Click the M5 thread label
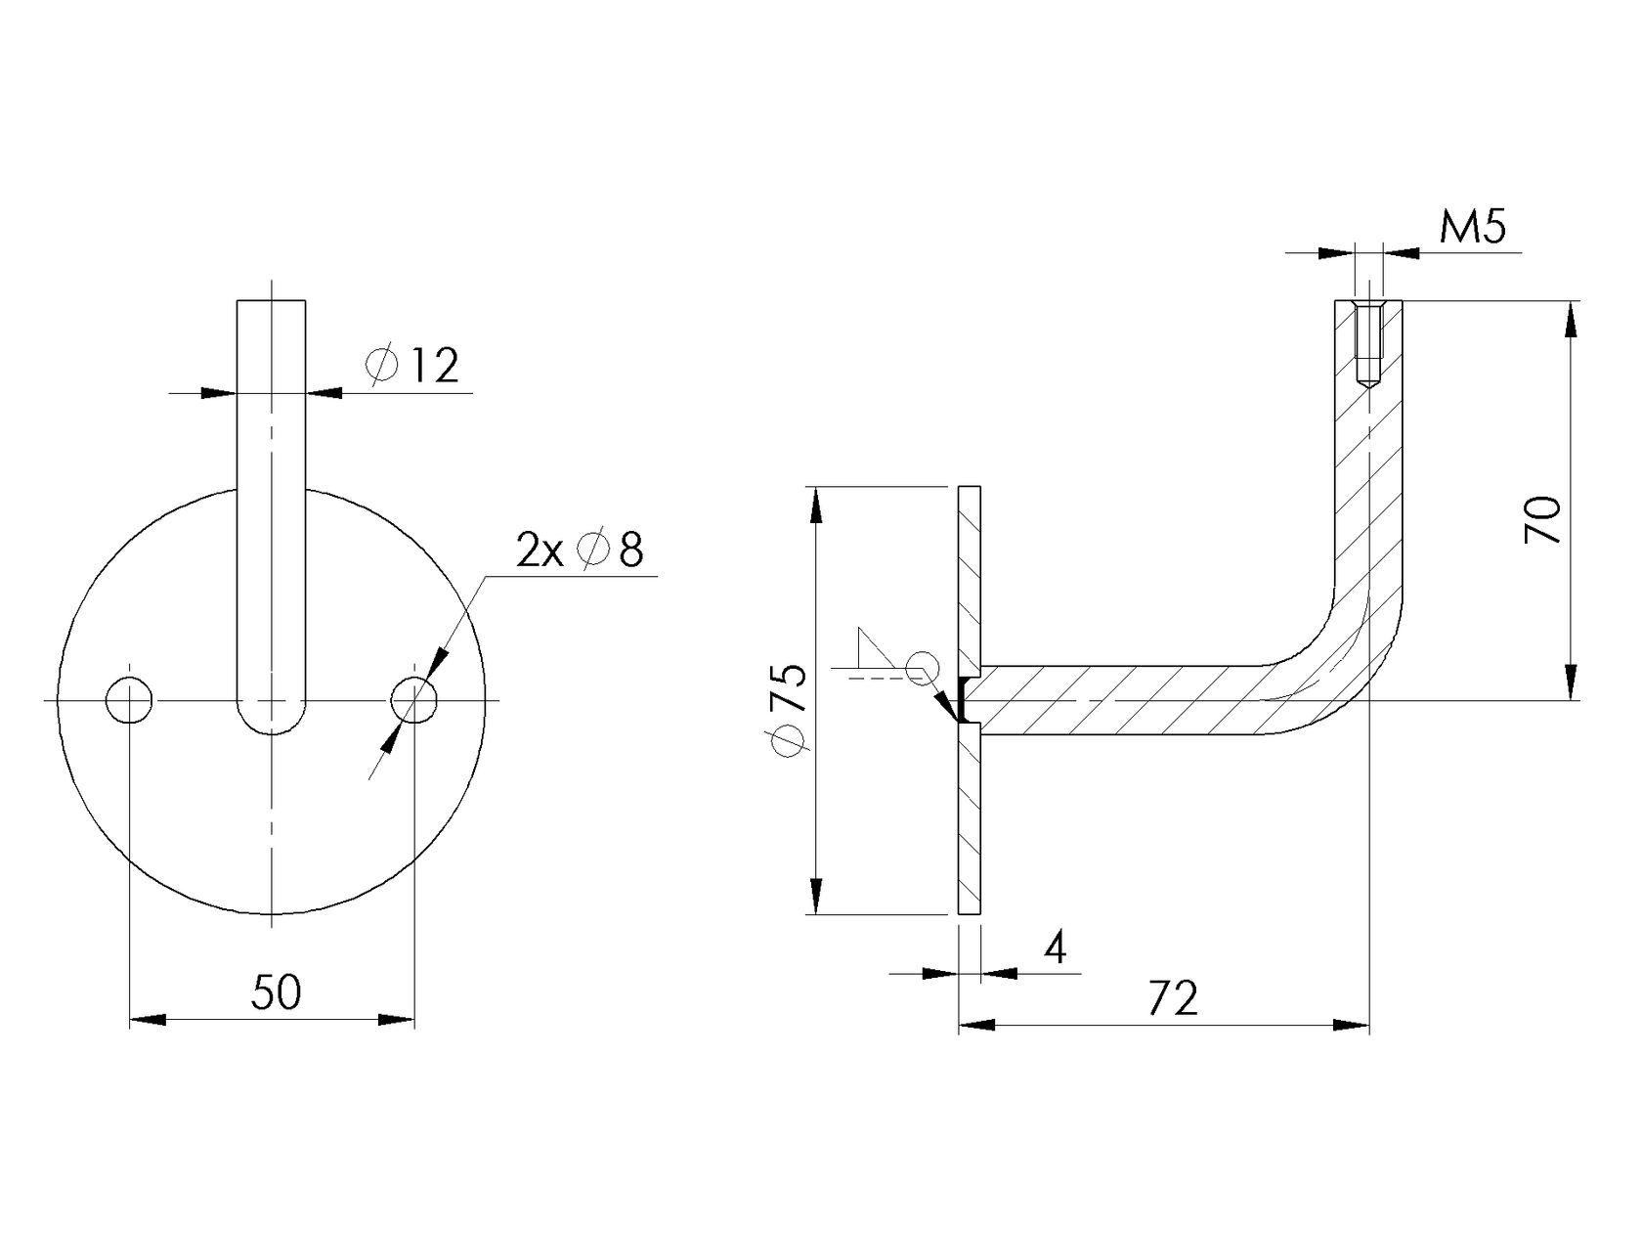[1473, 228]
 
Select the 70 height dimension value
[1543, 519]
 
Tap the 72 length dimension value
[1172, 998]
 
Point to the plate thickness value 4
[1056, 947]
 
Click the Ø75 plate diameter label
[789, 709]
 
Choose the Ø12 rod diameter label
[413, 366]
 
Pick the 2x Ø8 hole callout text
[580, 550]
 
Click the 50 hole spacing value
[276, 993]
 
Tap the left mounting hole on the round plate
[129, 700]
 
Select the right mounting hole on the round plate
[414, 700]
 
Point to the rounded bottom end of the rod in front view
[272, 719]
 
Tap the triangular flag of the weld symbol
[870, 649]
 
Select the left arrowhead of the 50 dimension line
[147, 1020]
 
